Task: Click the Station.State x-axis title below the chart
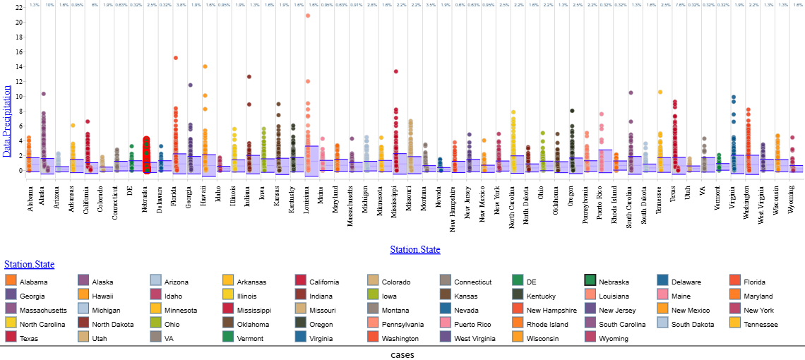(415, 250)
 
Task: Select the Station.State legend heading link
(29, 265)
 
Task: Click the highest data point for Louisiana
(307, 16)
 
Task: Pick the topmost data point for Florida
(175, 58)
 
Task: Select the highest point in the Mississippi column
(396, 71)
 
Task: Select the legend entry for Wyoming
(618, 338)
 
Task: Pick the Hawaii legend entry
(101, 296)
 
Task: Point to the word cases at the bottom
(402, 354)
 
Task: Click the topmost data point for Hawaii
(205, 66)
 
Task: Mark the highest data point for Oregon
(572, 110)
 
